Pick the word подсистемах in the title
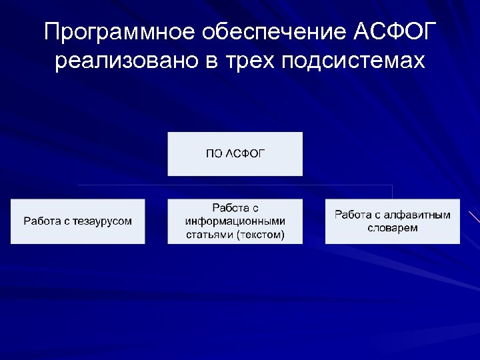[353, 61]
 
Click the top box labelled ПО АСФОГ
[235, 154]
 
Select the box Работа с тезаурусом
[78, 221]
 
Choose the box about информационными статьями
[235, 221]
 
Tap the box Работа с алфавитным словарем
[392, 221]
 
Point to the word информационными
[235, 221]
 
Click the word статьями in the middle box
[209, 234]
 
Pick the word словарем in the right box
[392, 228]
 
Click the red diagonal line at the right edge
[474, 217]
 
